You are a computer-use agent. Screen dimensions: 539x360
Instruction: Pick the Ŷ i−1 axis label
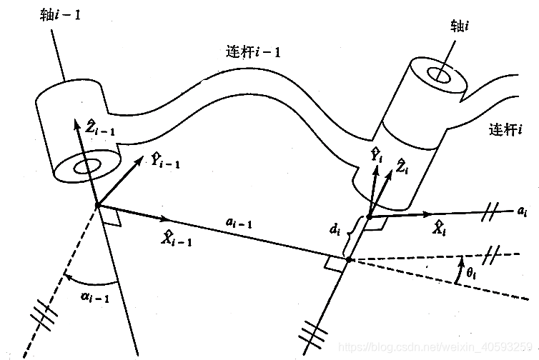point(165,161)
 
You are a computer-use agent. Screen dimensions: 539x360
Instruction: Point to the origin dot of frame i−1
point(97,206)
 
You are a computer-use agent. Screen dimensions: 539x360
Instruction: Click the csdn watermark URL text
point(437,348)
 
